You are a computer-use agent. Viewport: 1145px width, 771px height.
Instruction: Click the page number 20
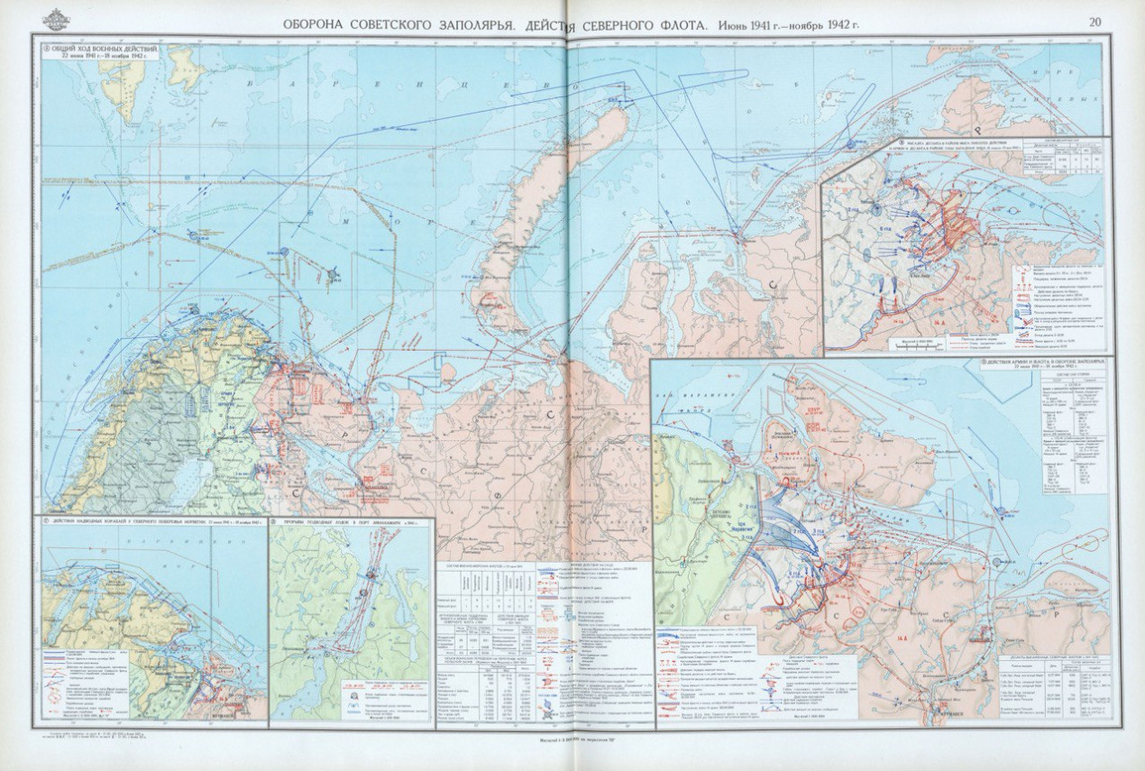point(1095,23)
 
